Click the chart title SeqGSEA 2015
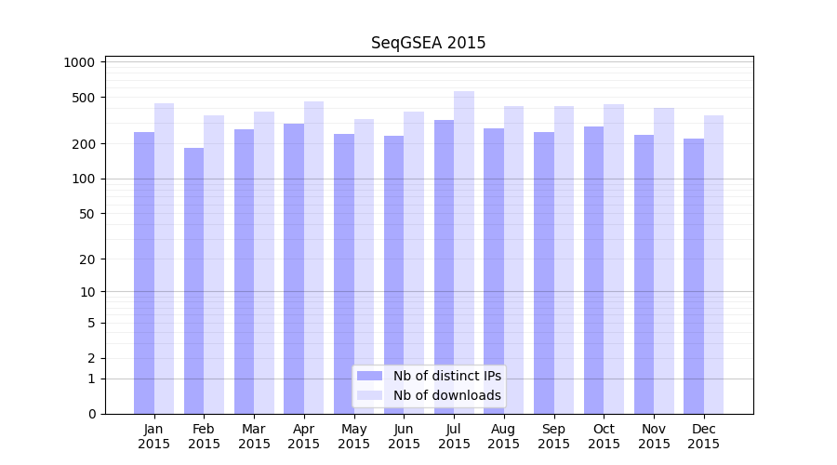(x=428, y=43)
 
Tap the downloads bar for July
(x=464, y=252)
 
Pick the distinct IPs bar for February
(x=193, y=281)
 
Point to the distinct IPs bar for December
(x=694, y=276)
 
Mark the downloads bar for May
(x=364, y=266)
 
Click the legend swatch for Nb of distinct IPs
(x=369, y=376)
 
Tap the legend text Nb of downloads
(x=446, y=395)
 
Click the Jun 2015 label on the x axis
(x=404, y=436)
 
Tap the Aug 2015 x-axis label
(x=504, y=436)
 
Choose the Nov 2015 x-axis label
(x=654, y=436)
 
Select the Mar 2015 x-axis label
(x=254, y=436)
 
